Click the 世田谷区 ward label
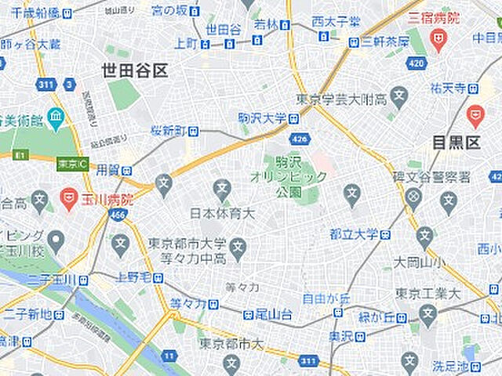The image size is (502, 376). click(134, 71)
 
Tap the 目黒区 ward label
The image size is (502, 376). click(456, 143)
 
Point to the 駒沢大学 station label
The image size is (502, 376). click(262, 118)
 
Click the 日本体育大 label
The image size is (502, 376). click(223, 213)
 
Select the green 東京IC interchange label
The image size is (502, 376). click(73, 164)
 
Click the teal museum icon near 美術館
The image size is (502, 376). click(56, 119)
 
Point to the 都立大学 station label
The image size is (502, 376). click(354, 234)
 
